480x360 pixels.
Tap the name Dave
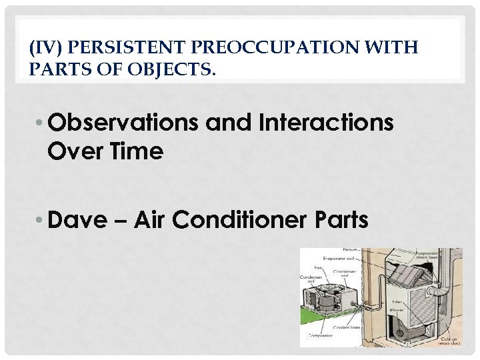pyautogui.click(x=77, y=219)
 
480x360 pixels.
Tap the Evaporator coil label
pyautogui.click(x=338, y=257)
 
